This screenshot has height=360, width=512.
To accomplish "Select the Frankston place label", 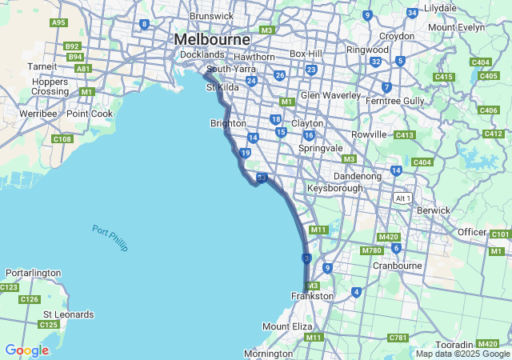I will (312, 296).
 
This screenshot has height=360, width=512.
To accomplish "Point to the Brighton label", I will (228, 123).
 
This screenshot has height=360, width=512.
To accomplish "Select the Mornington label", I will (269, 354).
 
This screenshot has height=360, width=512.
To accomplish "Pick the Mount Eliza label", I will (287, 326).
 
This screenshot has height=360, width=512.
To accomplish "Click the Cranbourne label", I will (397, 265).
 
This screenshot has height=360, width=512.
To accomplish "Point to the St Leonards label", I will (68, 314).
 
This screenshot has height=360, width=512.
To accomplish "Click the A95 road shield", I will (58, 22).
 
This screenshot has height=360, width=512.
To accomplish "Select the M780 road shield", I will (371, 250).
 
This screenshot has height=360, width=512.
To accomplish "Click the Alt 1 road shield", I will (403, 198).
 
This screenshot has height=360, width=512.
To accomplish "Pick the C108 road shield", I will (62, 139).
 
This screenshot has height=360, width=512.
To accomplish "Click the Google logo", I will (26, 350).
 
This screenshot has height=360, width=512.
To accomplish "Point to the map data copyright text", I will (462, 354).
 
